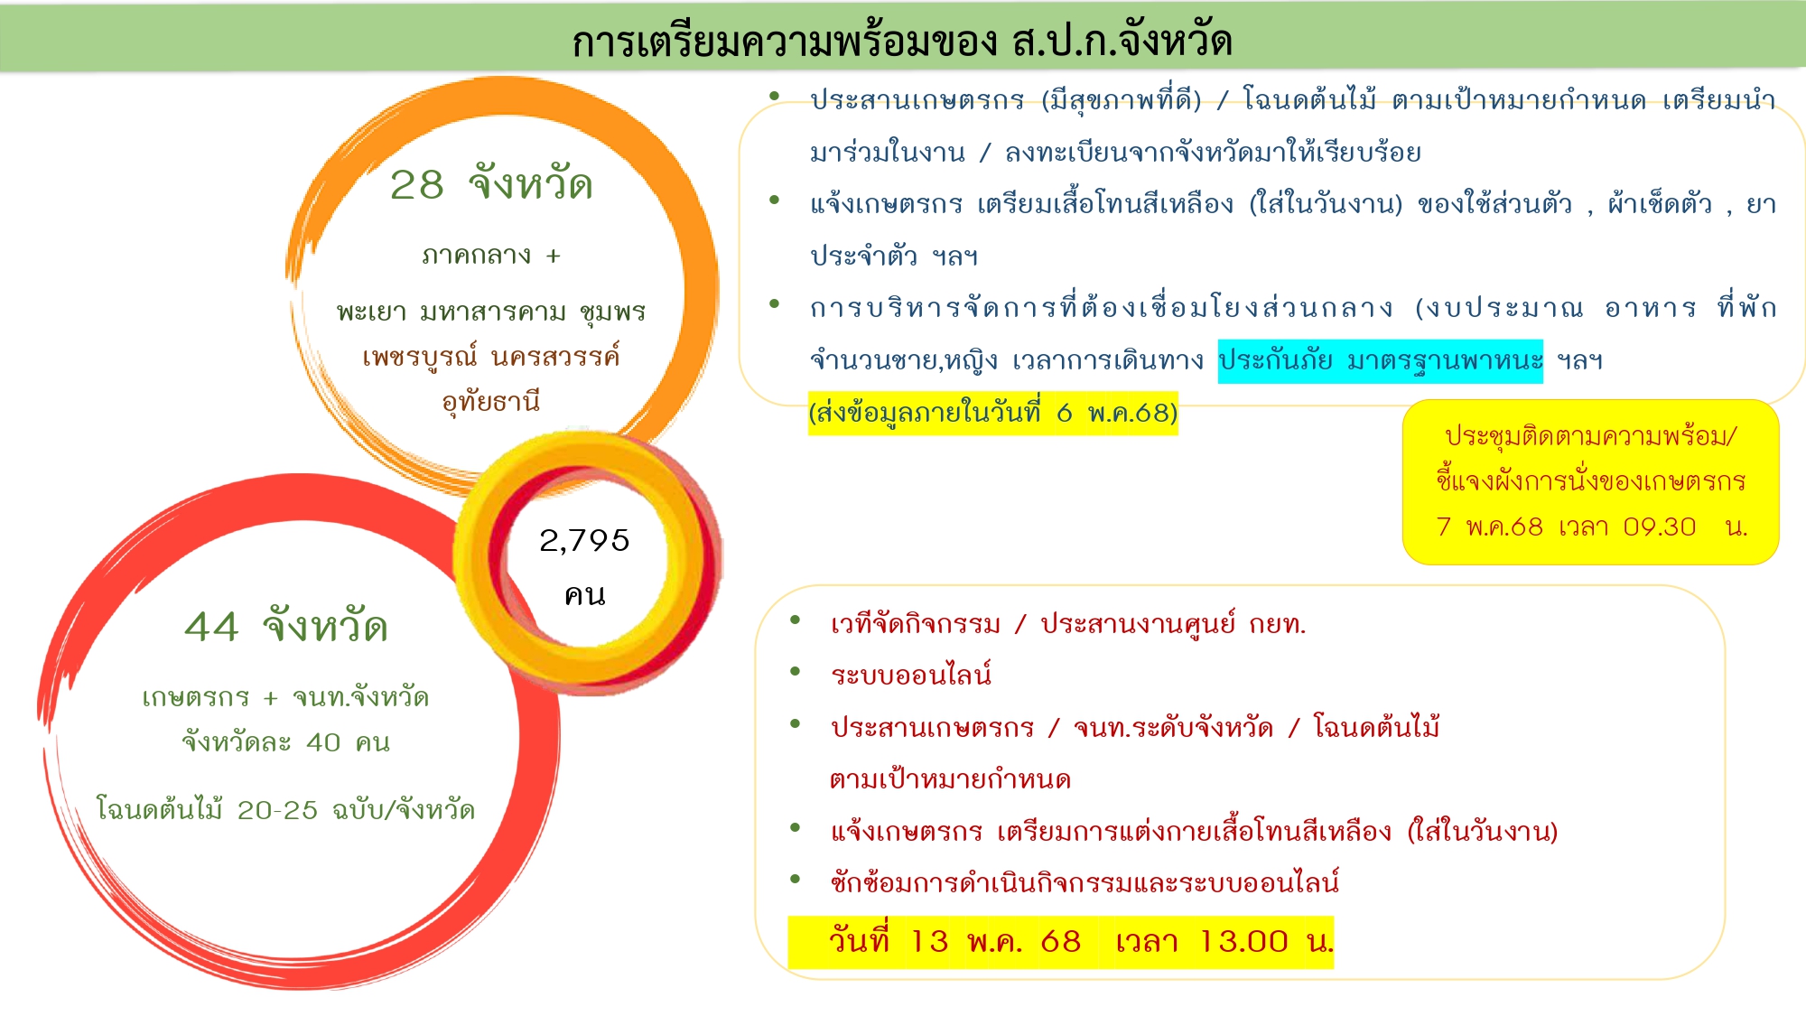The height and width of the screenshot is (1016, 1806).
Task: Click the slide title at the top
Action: tap(902, 41)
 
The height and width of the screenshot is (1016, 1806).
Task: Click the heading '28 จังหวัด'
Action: tap(491, 185)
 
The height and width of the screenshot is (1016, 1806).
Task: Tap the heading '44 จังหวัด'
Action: tap(286, 627)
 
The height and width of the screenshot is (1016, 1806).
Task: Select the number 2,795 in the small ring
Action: tap(584, 540)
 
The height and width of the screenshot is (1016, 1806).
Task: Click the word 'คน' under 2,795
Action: tap(585, 594)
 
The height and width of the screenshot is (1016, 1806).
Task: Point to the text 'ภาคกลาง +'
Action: tap(491, 256)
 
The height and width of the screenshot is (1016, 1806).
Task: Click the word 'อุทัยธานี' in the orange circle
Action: tap(491, 400)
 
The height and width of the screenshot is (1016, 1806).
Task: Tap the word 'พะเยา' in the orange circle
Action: tap(372, 312)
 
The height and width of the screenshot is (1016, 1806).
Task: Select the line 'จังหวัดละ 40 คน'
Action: tap(286, 742)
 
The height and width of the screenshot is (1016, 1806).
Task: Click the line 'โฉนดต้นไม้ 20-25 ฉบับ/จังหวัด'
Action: tap(285, 809)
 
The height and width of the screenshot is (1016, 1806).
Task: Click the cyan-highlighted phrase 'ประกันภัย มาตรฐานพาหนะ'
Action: tap(1380, 361)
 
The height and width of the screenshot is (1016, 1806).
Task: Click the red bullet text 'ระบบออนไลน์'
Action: tap(911, 675)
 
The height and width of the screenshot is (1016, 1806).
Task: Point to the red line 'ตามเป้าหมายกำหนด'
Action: tap(950, 779)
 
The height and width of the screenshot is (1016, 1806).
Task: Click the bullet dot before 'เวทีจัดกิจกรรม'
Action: tap(796, 620)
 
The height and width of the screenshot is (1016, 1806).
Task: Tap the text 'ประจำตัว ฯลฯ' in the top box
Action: tap(894, 256)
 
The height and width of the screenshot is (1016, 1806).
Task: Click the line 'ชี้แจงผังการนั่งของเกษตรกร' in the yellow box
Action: tap(1590, 480)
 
